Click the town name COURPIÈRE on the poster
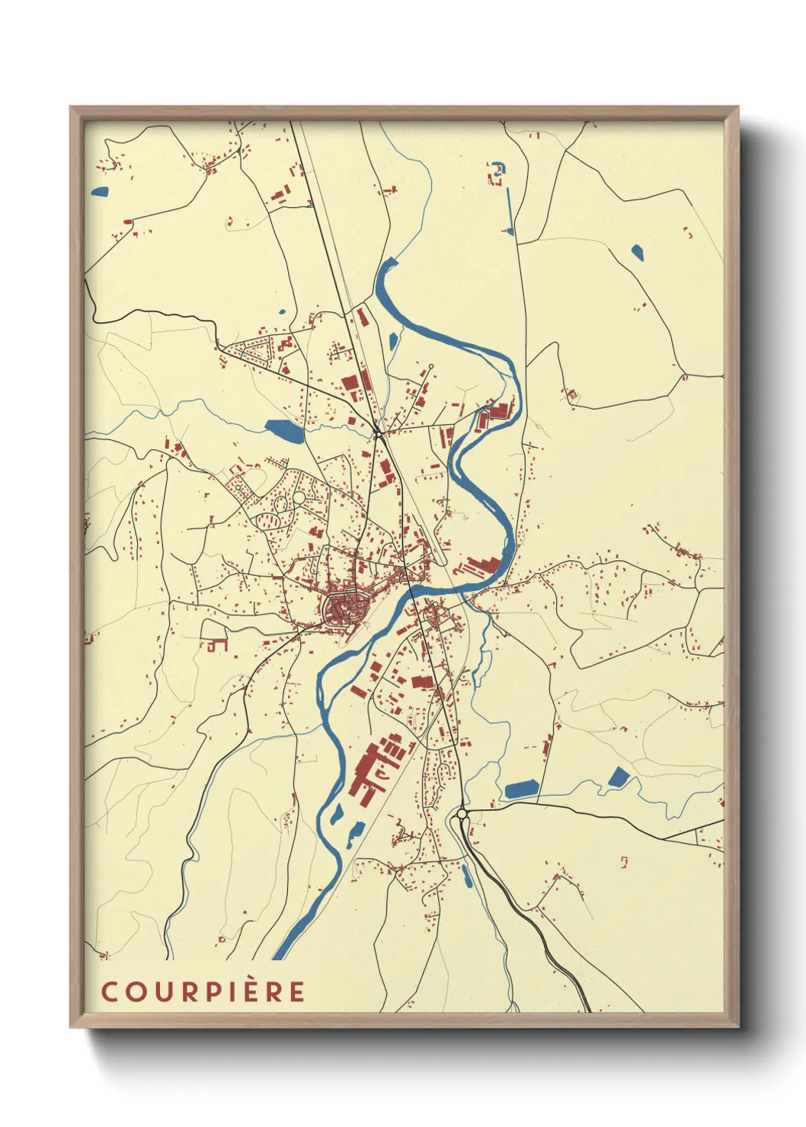203,991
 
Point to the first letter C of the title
110,991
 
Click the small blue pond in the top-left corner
100,191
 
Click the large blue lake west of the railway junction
283,432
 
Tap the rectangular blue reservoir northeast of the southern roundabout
521,789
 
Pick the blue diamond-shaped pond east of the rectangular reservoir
619,777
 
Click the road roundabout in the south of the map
462,814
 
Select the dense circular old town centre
345,608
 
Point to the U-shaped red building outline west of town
216,644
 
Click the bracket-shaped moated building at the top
497,173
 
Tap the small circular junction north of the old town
377,434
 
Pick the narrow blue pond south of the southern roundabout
466,876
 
